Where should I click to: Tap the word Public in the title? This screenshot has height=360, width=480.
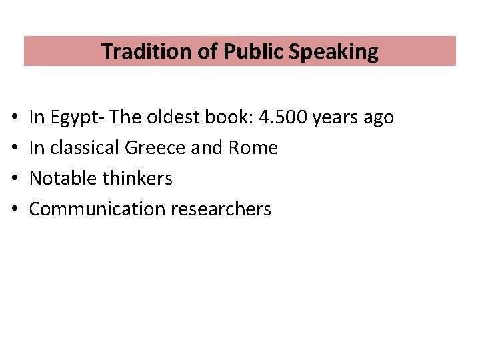(253, 51)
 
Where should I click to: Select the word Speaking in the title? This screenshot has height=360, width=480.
(334, 51)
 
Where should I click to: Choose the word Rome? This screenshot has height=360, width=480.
(253, 147)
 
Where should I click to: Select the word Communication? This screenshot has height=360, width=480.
(97, 209)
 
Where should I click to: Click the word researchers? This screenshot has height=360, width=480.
(221, 209)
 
